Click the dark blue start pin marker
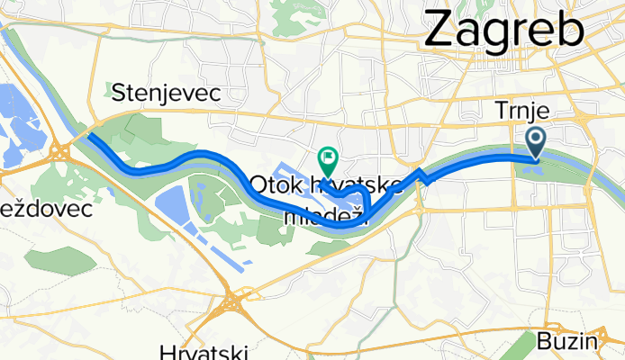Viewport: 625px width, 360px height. pyautogui.click(x=536, y=141)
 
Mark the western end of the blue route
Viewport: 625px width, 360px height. pyautogui.click(x=91, y=137)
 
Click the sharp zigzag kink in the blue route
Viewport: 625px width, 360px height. pyautogui.click(x=421, y=174)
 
